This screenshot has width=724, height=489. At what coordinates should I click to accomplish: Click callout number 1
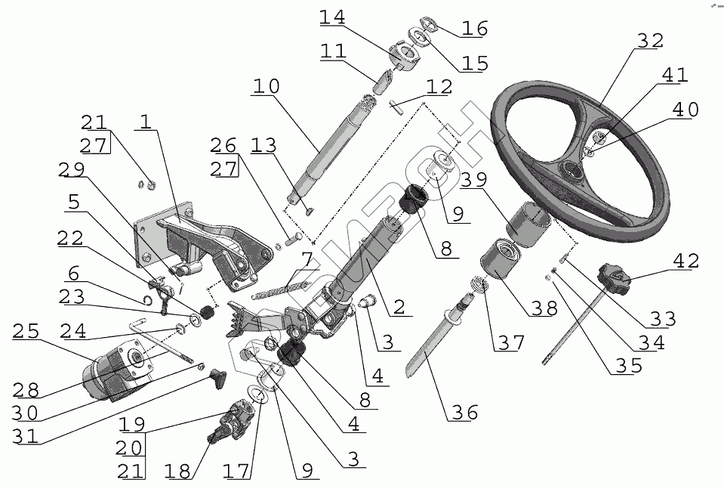(145, 122)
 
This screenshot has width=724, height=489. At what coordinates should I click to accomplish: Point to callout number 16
(475, 29)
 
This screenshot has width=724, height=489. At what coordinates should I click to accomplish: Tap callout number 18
(180, 472)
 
